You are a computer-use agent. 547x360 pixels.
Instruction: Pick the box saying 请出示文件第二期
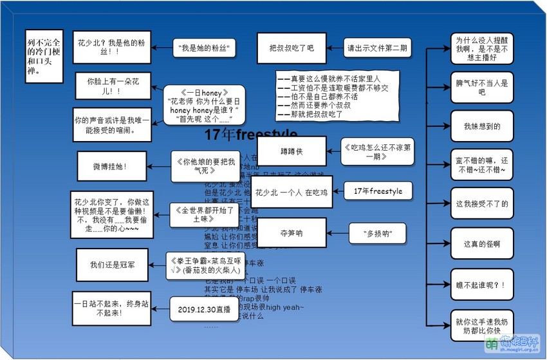[377, 48]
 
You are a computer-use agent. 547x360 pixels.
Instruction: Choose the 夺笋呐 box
[291, 232]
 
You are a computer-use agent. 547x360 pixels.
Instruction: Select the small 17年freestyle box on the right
[377, 191]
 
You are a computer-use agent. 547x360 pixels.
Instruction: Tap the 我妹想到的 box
[481, 126]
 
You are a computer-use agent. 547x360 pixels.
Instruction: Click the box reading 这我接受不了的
[481, 204]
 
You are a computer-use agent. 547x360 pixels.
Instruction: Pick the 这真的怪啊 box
[481, 244]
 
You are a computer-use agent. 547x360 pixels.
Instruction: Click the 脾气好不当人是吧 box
[481, 88]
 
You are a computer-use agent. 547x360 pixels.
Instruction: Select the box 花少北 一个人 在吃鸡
[291, 192]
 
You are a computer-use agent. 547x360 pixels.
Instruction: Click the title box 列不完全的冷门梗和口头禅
[44, 56]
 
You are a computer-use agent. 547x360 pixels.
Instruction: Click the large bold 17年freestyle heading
[251, 135]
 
